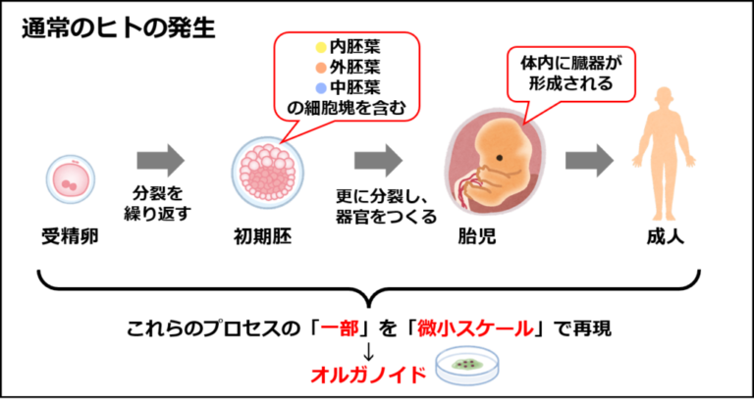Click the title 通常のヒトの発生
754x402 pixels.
coord(118,30)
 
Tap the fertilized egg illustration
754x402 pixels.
coord(71,179)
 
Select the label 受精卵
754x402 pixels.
coord(71,236)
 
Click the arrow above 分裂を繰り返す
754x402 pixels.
coord(161,161)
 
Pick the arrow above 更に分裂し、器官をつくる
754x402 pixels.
coord(378,161)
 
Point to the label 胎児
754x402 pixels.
coord(477,236)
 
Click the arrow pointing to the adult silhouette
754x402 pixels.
coord(589,161)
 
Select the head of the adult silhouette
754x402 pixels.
coord(664,99)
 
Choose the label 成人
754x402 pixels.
coord(665,236)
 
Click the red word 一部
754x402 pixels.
coord(340,329)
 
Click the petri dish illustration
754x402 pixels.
coord(466,367)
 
